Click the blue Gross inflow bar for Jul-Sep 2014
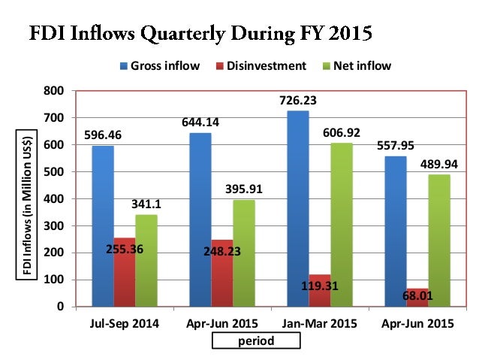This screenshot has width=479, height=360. pos(103,226)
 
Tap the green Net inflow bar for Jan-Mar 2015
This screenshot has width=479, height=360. pos(342,225)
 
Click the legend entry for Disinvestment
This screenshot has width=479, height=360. pos(264,65)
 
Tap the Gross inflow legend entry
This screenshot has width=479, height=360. pos(159,65)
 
